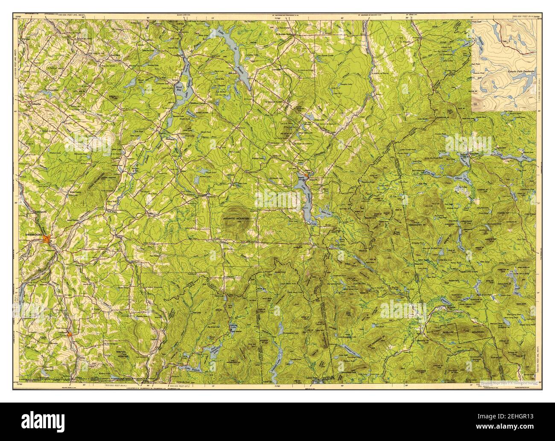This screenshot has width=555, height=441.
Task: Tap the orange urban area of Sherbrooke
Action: click(48, 240)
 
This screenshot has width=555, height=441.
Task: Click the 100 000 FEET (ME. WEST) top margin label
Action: click(78, 15)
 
